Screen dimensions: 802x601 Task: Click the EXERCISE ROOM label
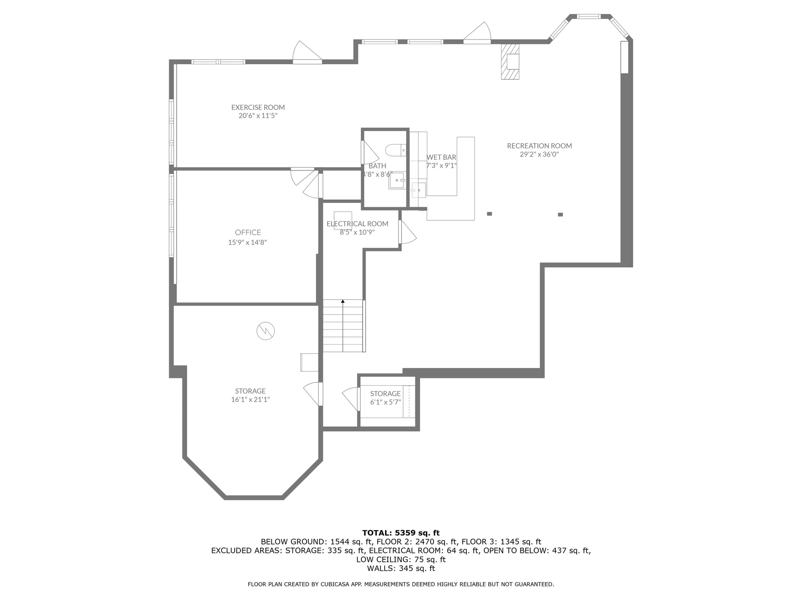(x=258, y=107)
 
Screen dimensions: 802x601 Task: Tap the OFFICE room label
(x=248, y=232)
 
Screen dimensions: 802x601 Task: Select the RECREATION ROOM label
(x=539, y=146)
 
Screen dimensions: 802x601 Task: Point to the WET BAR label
(x=441, y=157)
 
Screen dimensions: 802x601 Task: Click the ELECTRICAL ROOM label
(x=357, y=224)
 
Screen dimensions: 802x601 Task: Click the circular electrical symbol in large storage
(x=266, y=331)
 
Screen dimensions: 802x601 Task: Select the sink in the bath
(x=397, y=180)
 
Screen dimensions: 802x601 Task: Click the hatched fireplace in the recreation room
(x=510, y=61)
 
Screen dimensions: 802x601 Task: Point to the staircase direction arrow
(x=343, y=301)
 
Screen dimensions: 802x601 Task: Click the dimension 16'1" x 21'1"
(x=250, y=399)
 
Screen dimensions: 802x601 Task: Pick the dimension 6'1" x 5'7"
(x=385, y=402)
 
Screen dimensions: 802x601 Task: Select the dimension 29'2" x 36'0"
(x=539, y=154)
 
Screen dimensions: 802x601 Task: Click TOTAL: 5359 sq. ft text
(x=401, y=533)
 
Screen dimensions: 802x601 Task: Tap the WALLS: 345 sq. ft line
(x=401, y=568)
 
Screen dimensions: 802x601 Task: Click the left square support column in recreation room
(x=490, y=214)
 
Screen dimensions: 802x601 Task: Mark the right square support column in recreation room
(x=560, y=215)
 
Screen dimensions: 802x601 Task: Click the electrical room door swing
(x=408, y=232)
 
